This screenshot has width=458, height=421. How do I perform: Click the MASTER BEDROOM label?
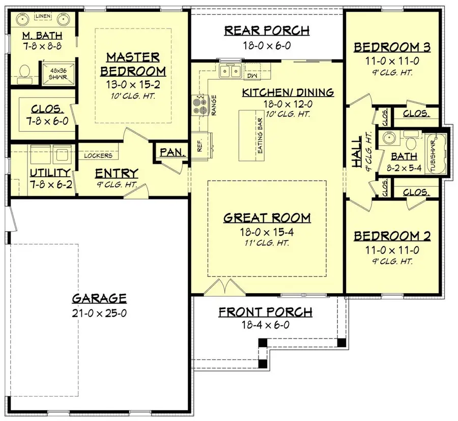[x=133, y=64]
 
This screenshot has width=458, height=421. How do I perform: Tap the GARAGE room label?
[x=99, y=298]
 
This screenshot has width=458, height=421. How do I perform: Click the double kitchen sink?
[x=230, y=72]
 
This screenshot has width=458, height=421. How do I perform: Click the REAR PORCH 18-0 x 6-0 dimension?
[x=267, y=45]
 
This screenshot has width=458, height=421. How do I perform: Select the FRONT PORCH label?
[x=266, y=312]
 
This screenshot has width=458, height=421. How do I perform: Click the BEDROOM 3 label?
[x=392, y=47]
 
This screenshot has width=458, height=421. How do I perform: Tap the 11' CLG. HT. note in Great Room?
[x=267, y=243]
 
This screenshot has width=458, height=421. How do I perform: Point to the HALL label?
[x=357, y=151]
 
